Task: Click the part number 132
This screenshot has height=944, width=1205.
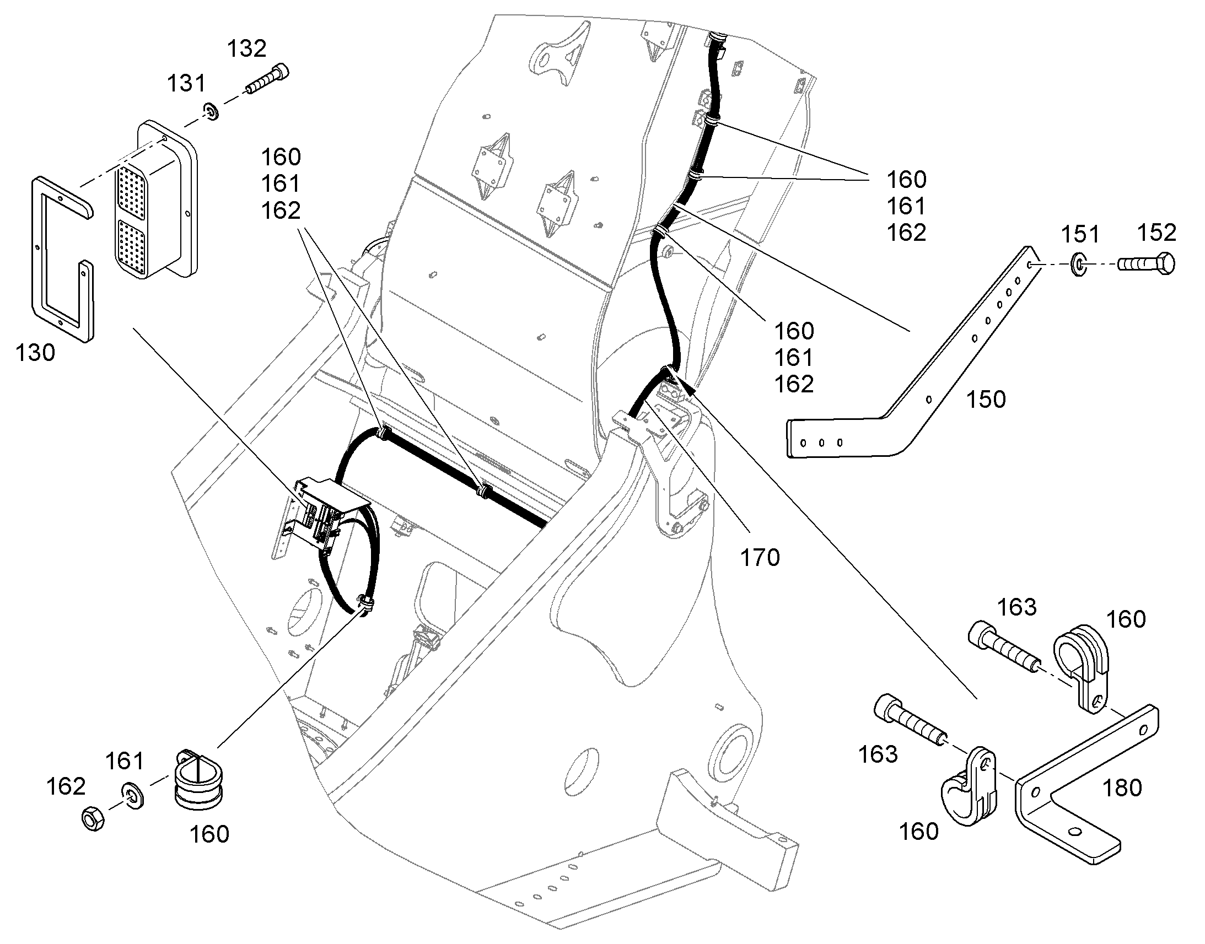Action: point(246,48)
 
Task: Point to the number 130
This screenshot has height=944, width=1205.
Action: point(35,353)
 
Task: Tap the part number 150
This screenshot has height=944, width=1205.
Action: point(986,400)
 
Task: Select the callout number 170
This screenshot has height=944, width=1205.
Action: point(760,558)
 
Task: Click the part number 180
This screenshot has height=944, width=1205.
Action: point(1122,788)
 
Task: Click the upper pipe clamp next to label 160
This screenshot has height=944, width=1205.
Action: point(1082,670)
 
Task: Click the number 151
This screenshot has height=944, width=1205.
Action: point(1080,234)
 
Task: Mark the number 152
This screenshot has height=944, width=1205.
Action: point(1156,233)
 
